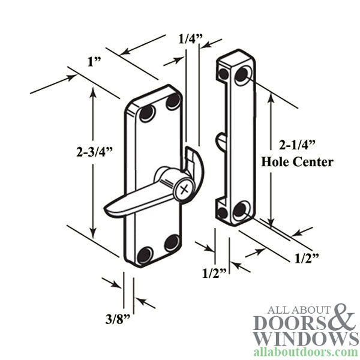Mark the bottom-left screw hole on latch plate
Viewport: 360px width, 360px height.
pyautogui.click(x=145, y=256)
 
